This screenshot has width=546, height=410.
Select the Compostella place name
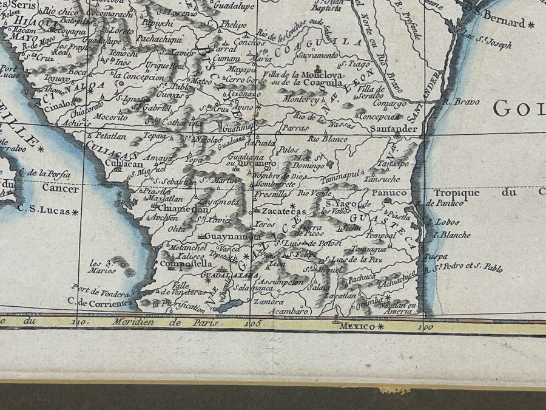click(186, 264)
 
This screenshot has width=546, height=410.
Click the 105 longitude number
click(252, 324)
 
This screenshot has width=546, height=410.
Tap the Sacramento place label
click(315, 55)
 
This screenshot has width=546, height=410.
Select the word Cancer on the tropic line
click(60, 189)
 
